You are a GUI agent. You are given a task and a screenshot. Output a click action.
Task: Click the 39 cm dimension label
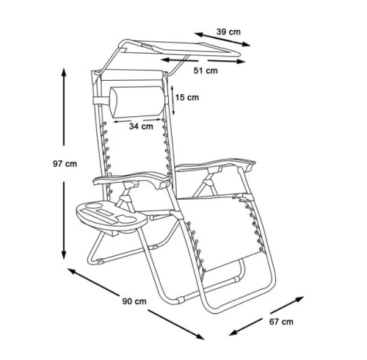228,32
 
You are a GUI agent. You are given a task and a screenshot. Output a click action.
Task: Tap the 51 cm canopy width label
206,71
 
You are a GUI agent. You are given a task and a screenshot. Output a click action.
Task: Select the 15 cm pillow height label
187,98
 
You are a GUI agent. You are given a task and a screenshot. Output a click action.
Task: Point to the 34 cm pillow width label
141,126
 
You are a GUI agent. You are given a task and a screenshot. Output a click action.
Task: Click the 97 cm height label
65,164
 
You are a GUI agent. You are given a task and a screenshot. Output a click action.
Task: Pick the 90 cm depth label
134,301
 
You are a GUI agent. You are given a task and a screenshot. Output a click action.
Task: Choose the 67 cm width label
281,322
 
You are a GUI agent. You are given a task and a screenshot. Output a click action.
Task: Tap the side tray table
112,215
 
